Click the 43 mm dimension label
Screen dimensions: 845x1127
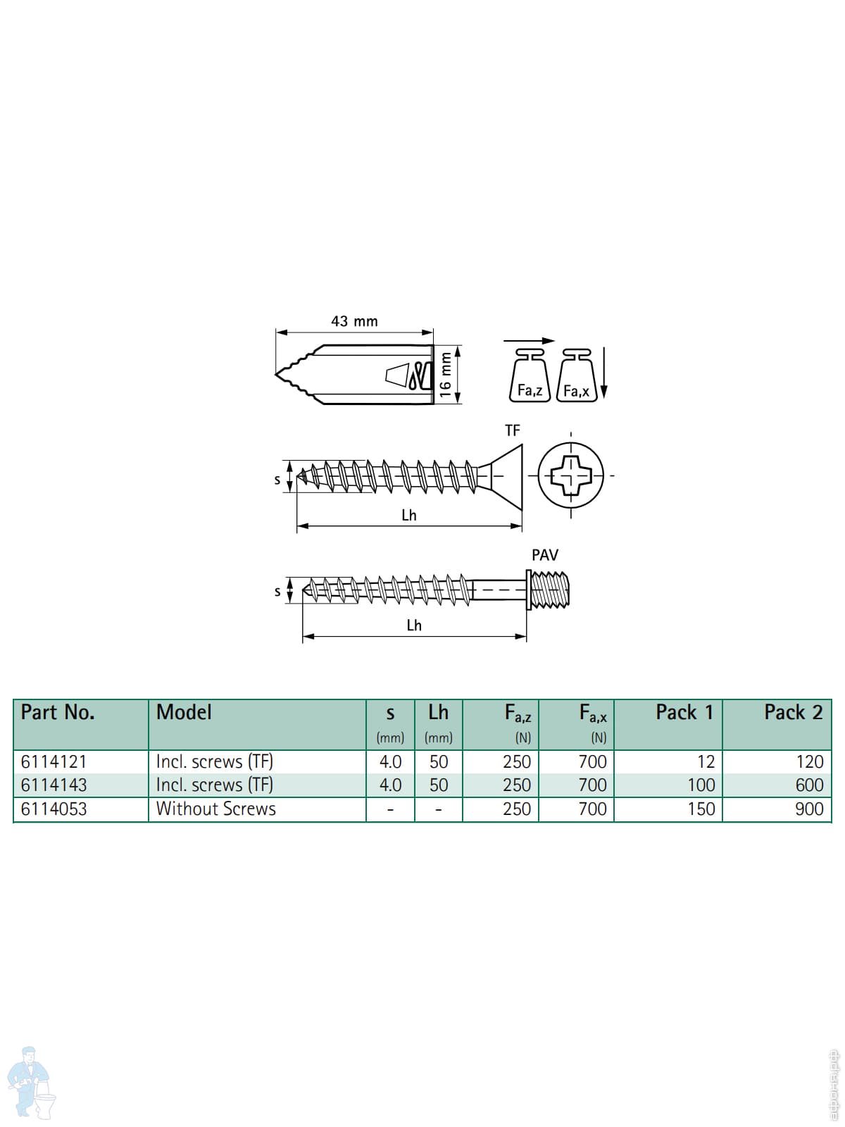[x=354, y=321]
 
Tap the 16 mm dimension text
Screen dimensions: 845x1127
[x=445, y=374]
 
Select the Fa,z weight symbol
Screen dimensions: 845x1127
[x=530, y=375]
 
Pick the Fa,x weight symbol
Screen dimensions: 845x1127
[x=577, y=375]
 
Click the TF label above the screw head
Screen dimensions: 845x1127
[x=513, y=430]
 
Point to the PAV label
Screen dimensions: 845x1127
[x=545, y=555]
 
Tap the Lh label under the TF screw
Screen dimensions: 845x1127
[x=409, y=515]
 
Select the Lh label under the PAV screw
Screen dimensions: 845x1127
[x=414, y=625]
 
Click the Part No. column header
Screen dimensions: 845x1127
[x=58, y=713]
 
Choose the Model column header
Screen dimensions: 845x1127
[x=184, y=713]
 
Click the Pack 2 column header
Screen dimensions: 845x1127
[x=794, y=713]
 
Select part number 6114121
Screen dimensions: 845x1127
[x=54, y=762]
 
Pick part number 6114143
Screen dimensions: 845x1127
[x=54, y=785]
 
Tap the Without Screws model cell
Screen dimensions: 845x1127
[x=216, y=809]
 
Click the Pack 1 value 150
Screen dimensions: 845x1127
[x=701, y=809]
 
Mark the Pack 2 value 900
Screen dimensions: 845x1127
[x=809, y=809]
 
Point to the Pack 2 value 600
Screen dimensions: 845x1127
[x=809, y=785]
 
